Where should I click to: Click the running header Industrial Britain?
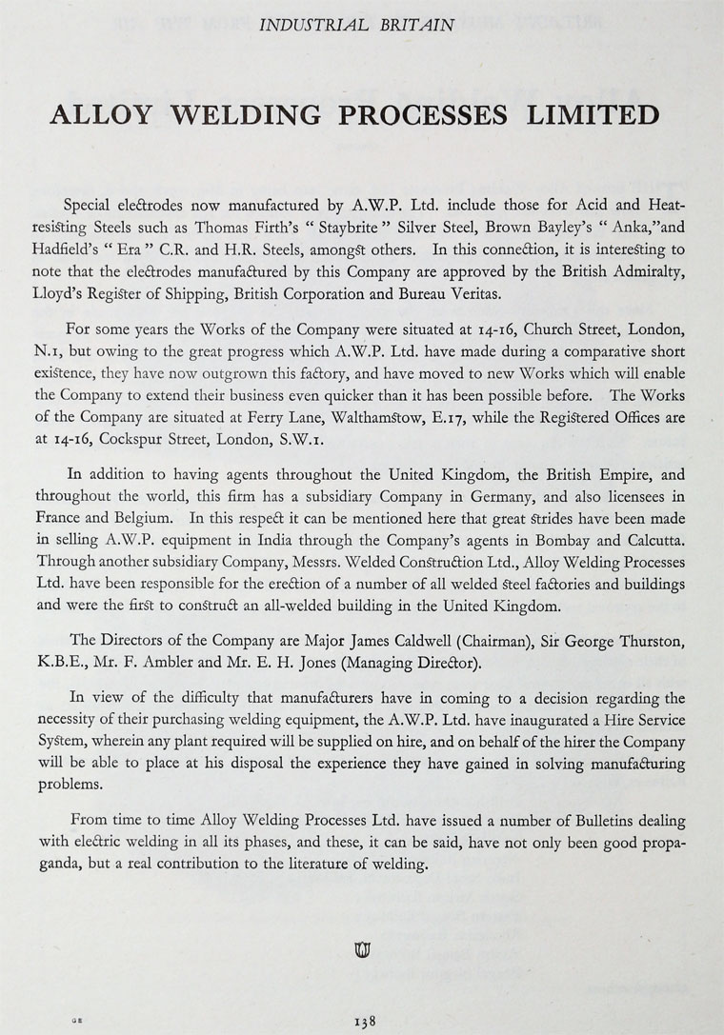[361, 27]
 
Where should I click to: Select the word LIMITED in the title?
[597, 114]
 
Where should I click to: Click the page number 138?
[364, 1020]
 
